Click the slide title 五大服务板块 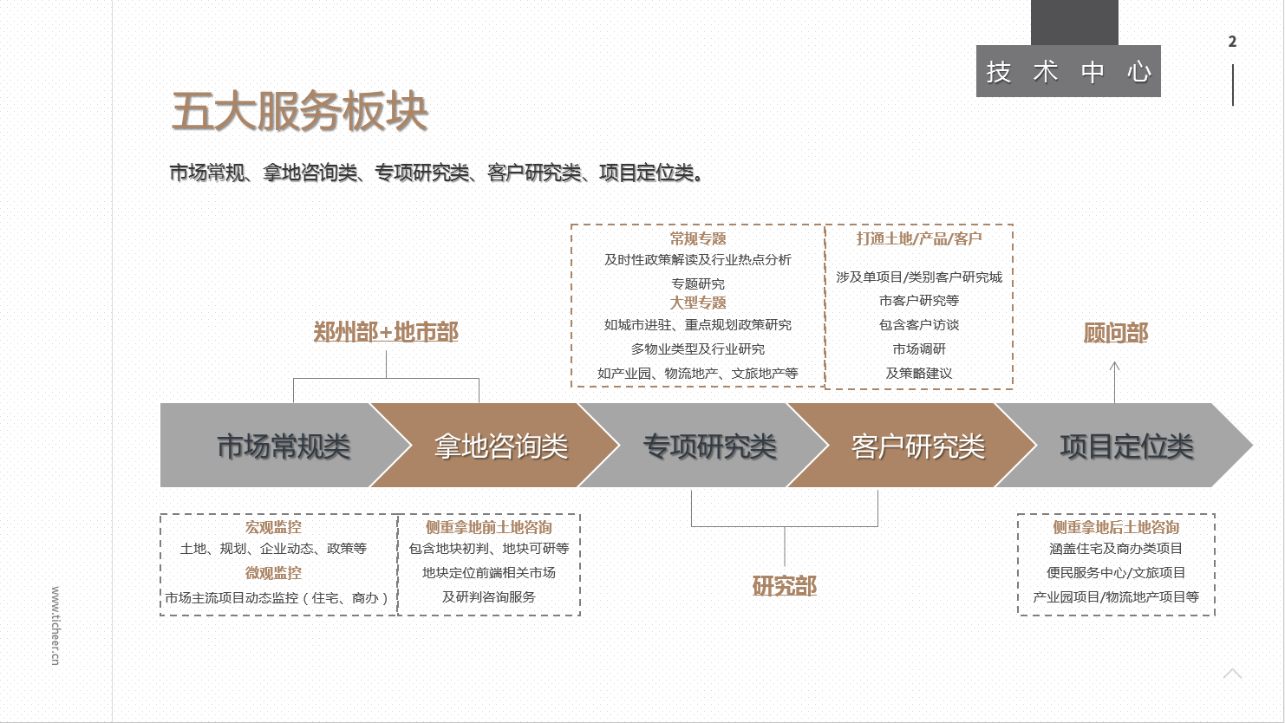300,111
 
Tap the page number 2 1232,42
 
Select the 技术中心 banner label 1068,72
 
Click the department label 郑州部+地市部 386,332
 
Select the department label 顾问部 1115,333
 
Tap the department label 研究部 784,586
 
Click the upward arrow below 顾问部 1115,381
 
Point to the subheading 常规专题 698,238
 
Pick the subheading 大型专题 698,303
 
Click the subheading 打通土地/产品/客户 919,238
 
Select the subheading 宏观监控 273,527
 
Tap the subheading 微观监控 273,573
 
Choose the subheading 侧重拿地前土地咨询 489,527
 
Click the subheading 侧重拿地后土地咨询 1116,527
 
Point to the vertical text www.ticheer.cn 55,626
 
